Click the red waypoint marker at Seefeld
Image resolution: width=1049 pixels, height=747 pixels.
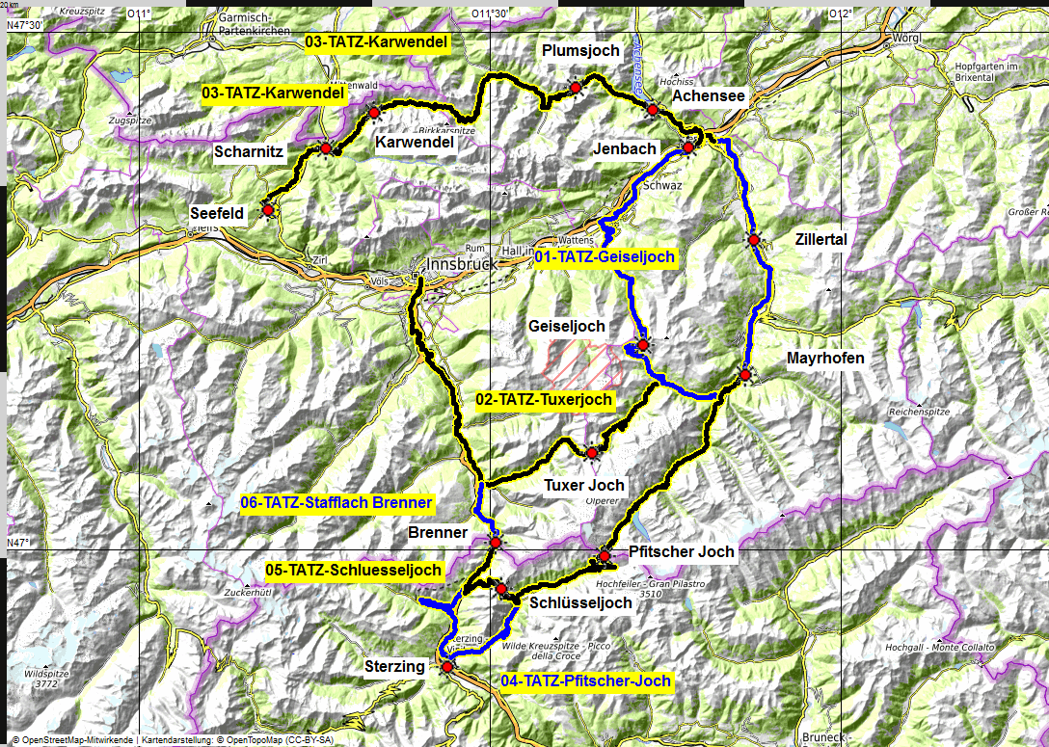pos(268,210)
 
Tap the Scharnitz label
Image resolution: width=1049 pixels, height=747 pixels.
pos(249,151)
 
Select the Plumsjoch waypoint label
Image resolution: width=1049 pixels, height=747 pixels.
pos(580,50)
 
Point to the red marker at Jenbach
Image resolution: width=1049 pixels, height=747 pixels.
pos(688,148)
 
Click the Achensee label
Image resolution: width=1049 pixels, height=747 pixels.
pos(709,96)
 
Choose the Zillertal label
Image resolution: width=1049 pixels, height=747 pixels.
pos(820,239)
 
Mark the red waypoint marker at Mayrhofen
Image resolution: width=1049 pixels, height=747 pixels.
pos(745,375)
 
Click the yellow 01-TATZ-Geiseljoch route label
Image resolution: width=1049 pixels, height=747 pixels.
pos(604,257)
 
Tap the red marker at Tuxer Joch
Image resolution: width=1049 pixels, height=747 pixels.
pos(592,452)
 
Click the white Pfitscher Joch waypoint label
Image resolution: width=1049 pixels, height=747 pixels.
pos(681,551)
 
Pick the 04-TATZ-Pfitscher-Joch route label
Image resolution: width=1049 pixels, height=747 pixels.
pos(586,681)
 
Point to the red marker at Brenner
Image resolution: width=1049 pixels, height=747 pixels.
pos(495,543)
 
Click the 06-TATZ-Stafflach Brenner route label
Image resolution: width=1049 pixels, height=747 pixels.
pos(336,502)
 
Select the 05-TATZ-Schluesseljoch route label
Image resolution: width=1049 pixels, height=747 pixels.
pos(354,570)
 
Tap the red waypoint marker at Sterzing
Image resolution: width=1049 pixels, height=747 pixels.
pos(446,665)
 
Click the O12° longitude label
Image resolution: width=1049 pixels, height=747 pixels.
pos(841,13)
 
